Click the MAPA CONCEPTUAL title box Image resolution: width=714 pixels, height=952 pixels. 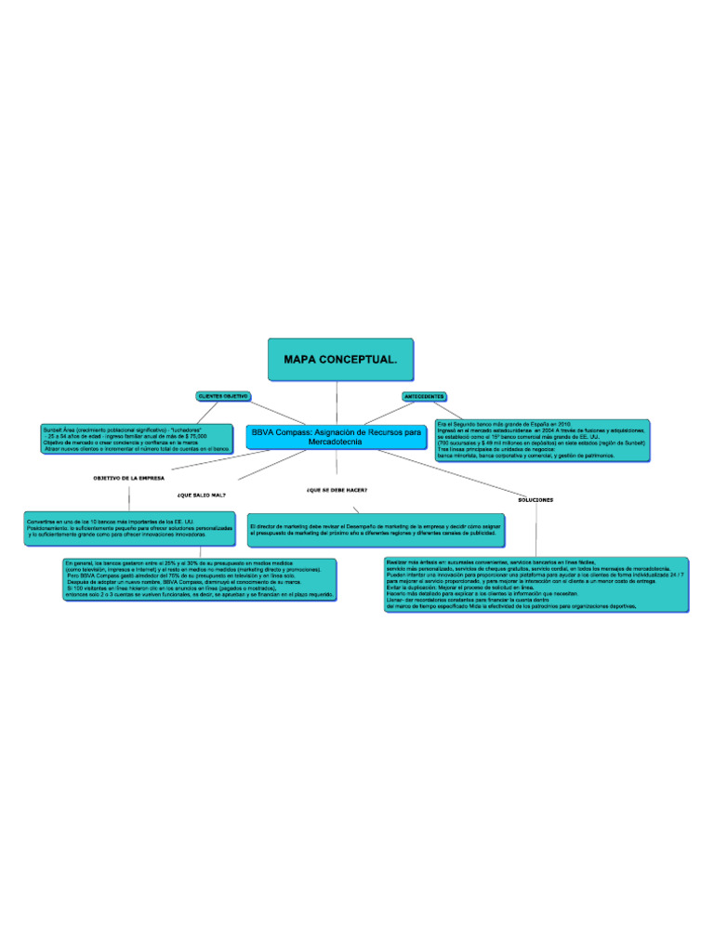click(x=337, y=360)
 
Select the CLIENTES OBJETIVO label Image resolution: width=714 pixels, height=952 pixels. click(x=222, y=396)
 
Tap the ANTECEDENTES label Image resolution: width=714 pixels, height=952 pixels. click(x=423, y=397)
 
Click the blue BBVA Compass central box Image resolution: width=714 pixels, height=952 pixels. click(x=337, y=437)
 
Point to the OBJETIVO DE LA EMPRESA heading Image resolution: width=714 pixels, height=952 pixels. click(x=128, y=478)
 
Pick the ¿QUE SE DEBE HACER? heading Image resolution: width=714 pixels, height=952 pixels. click(x=336, y=489)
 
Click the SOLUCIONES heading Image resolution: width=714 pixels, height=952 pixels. click(x=535, y=499)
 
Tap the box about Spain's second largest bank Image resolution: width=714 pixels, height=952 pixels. click(x=541, y=439)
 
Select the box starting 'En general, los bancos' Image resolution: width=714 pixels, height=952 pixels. click(x=199, y=578)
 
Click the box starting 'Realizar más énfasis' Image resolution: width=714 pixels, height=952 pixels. click(x=536, y=585)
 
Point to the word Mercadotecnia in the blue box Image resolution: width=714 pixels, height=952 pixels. click(x=337, y=443)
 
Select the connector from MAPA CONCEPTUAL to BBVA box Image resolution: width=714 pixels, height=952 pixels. click(x=337, y=403)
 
